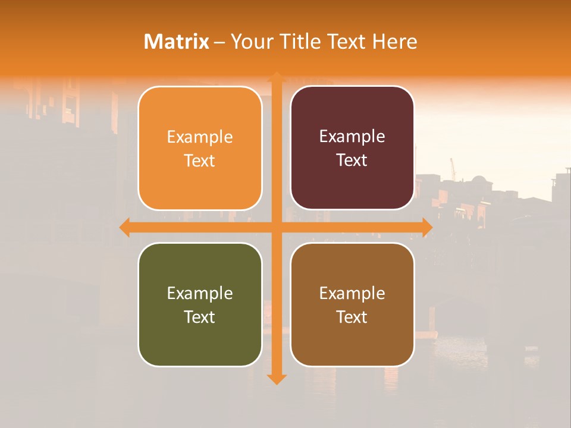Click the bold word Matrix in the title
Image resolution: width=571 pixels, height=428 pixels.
177,42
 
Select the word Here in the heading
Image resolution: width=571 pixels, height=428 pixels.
395,42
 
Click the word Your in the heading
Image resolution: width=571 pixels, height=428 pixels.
251,42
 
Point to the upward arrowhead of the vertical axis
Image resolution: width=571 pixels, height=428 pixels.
276,77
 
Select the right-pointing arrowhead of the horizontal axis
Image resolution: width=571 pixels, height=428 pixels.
427,227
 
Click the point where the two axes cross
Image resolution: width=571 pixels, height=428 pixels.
276,227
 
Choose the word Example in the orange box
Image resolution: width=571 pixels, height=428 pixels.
200,137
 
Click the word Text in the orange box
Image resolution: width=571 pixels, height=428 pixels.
200,161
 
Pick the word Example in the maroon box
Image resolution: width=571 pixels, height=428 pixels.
352,137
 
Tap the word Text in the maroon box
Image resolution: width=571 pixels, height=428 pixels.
352,160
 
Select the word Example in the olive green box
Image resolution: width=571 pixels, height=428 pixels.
200,294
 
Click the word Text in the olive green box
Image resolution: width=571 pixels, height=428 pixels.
200,317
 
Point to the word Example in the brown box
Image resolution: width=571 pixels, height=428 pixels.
352,294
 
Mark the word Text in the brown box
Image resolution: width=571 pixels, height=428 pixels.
352,317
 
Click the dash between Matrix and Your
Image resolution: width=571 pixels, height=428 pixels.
219,42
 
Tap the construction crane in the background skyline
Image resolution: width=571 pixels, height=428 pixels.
453,168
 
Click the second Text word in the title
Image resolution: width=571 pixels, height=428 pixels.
347,42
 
